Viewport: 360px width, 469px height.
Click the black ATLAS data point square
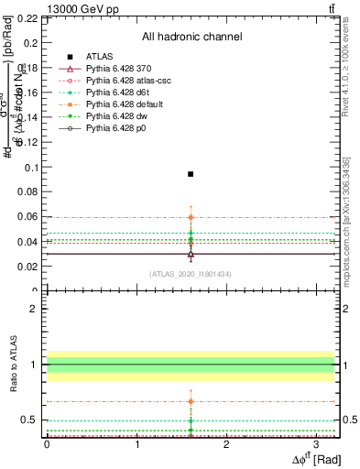coord(191,174)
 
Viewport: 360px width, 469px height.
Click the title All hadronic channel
coord(191,37)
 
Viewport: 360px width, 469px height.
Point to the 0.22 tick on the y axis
coord(27,18)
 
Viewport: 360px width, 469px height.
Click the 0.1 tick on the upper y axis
coord(29,168)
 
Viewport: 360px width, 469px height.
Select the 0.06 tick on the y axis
coord(27,217)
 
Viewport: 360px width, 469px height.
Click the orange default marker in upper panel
coord(191,217)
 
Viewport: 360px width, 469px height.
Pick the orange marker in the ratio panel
coord(191,401)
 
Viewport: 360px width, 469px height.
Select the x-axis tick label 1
coord(136,442)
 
